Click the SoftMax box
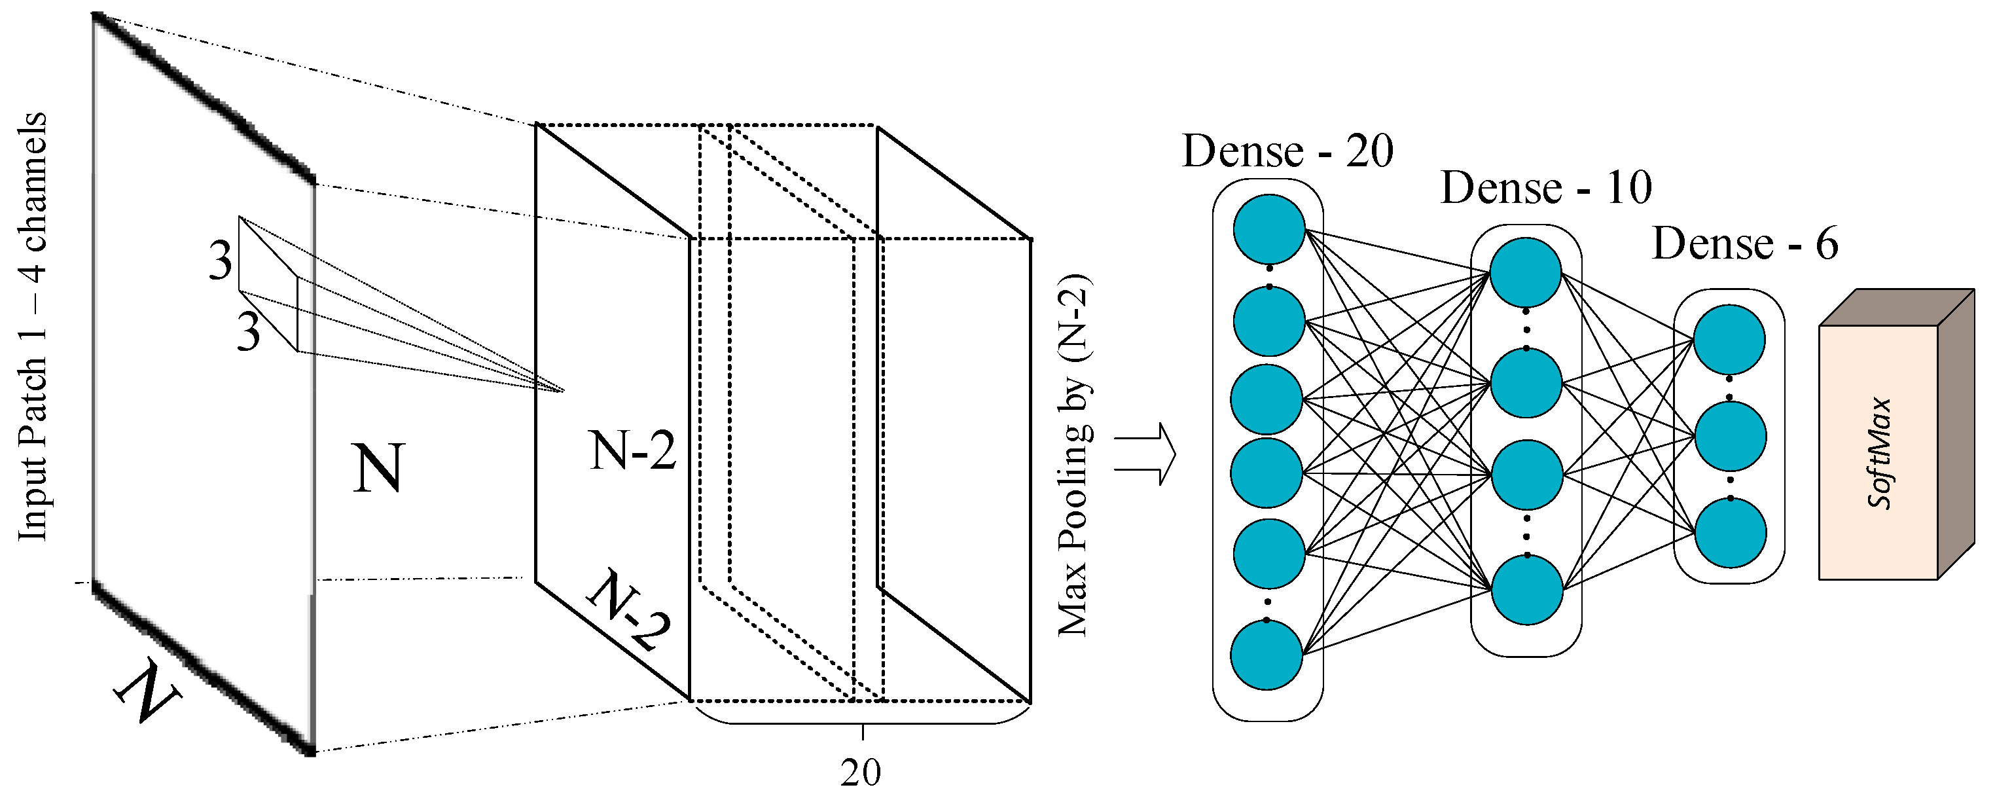coord(1877,453)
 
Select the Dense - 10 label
coord(1546,187)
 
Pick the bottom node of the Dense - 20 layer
coord(1267,655)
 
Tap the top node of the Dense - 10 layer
coord(1526,272)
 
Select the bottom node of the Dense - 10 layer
coord(1526,589)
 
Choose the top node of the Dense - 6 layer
coord(1729,340)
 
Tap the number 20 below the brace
coord(861,772)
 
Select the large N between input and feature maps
coord(378,468)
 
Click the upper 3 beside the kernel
coord(220,261)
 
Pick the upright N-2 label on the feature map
coord(633,450)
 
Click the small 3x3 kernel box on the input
coord(268,284)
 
